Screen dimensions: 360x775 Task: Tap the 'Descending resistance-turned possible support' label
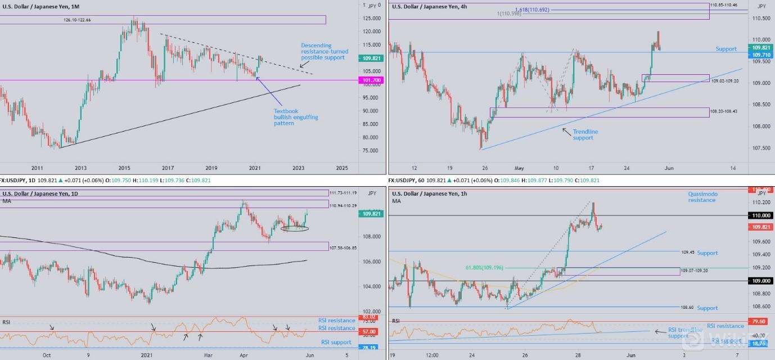[323, 51]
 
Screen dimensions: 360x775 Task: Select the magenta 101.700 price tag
[369, 80]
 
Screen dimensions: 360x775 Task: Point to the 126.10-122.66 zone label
[77, 20]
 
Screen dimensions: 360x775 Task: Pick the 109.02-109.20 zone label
[725, 82]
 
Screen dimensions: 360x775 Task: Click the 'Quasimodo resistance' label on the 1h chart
[702, 197]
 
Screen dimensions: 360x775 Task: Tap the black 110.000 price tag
[760, 215]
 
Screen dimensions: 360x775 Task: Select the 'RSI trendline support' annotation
[684, 332]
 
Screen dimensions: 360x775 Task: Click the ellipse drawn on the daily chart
[295, 228]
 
